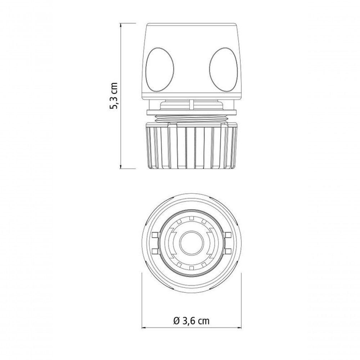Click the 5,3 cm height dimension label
tap(114, 96)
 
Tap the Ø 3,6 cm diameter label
tap(192, 320)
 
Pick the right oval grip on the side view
tap(224, 70)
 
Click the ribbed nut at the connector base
tap(192, 146)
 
